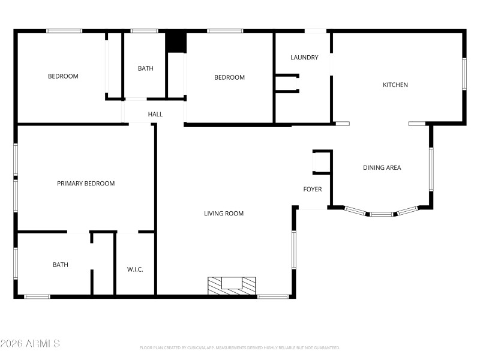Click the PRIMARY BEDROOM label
(x=86, y=184)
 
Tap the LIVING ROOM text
(x=224, y=214)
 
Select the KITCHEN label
(x=395, y=85)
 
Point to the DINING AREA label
(x=382, y=168)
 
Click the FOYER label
(x=312, y=190)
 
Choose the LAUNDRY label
(x=304, y=58)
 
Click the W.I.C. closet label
(x=135, y=269)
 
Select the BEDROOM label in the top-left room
(x=63, y=76)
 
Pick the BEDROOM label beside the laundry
(x=230, y=77)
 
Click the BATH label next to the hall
(x=146, y=68)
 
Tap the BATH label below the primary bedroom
(x=61, y=265)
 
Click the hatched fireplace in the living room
(x=232, y=284)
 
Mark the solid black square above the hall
(x=175, y=41)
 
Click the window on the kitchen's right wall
(x=464, y=74)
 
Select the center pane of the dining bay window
(x=381, y=214)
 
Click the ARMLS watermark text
(x=30, y=344)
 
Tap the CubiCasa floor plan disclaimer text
(x=240, y=347)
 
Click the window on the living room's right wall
(x=294, y=250)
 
